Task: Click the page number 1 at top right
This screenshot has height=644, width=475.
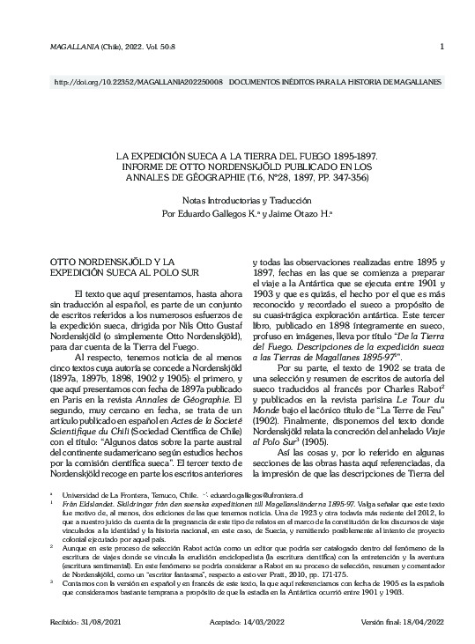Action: coord(441,48)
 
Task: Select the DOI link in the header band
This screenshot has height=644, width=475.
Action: coord(138,81)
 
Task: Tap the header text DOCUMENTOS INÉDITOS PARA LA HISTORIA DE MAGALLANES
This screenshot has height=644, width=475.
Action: coord(335,81)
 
